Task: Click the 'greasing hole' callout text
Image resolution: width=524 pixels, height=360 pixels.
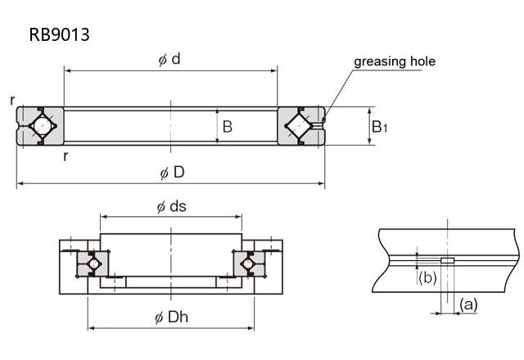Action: pyautogui.click(x=394, y=61)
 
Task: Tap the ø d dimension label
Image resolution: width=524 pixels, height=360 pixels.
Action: pyautogui.click(x=170, y=60)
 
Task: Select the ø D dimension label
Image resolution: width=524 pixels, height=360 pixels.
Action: pyautogui.click(x=172, y=173)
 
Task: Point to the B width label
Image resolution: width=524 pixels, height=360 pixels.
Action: pyautogui.click(x=227, y=127)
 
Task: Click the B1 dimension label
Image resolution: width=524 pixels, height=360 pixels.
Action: pyautogui.click(x=380, y=127)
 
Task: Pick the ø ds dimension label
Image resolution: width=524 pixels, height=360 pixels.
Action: pyautogui.click(x=171, y=206)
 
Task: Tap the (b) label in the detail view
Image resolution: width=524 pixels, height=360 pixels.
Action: pyautogui.click(x=426, y=277)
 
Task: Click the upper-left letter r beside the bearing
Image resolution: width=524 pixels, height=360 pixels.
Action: pyautogui.click(x=13, y=100)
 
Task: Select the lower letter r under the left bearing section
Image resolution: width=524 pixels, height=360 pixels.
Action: pyautogui.click(x=65, y=156)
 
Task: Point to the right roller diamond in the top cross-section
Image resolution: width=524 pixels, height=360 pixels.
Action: pyautogui.click(x=301, y=126)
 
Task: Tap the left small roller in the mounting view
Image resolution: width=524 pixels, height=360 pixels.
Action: pyautogui.click(x=93, y=263)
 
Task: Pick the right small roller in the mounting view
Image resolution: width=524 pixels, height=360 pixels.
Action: pyautogui.click(x=249, y=263)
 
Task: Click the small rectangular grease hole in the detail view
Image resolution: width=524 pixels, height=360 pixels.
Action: pyautogui.click(x=447, y=261)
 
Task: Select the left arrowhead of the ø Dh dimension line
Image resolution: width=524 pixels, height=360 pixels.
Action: pyautogui.click(x=91, y=328)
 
